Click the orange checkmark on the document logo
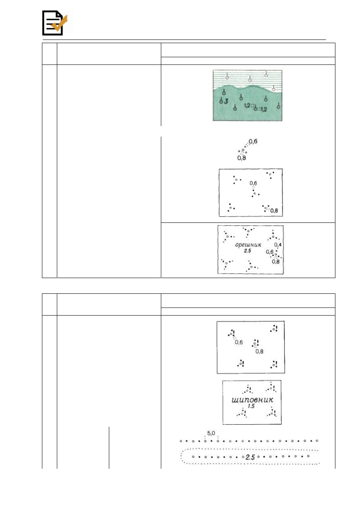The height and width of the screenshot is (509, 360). pyautogui.click(x=59, y=23)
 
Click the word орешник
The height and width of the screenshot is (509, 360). pyautogui.click(x=248, y=245)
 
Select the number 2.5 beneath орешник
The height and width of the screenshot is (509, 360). pyautogui.click(x=248, y=251)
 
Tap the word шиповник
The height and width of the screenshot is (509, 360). pyautogui.click(x=252, y=400)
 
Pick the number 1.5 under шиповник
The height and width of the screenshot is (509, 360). pyautogui.click(x=251, y=406)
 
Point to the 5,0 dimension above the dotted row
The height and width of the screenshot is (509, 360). pyautogui.click(x=211, y=433)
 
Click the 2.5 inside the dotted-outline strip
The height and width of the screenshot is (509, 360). pyautogui.click(x=250, y=457)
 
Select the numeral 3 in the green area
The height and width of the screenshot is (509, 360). pyautogui.click(x=226, y=101)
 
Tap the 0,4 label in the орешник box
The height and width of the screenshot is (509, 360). pyautogui.click(x=278, y=245)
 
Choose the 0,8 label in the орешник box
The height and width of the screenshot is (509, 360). pyautogui.click(x=276, y=262)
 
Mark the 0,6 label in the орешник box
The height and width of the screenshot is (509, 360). pyautogui.click(x=270, y=252)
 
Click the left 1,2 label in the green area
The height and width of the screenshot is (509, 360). pyautogui.click(x=247, y=106)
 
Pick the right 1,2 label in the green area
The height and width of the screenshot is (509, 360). pyautogui.click(x=264, y=110)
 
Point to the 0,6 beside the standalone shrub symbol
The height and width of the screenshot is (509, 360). pyautogui.click(x=253, y=141)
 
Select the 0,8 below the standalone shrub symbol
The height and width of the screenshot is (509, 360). pyautogui.click(x=241, y=158)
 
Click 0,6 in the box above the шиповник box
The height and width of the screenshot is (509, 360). pyautogui.click(x=239, y=342)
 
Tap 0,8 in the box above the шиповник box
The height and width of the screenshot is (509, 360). pyautogui.click(x=259, y=351)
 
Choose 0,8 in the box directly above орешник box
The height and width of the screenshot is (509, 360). pyautogui.click(x=274, y=211)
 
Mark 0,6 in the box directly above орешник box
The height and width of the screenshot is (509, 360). pyautogui.click(x=253, y=183)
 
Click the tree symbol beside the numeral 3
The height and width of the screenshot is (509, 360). pyautogui.click(x=221, y=100)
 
